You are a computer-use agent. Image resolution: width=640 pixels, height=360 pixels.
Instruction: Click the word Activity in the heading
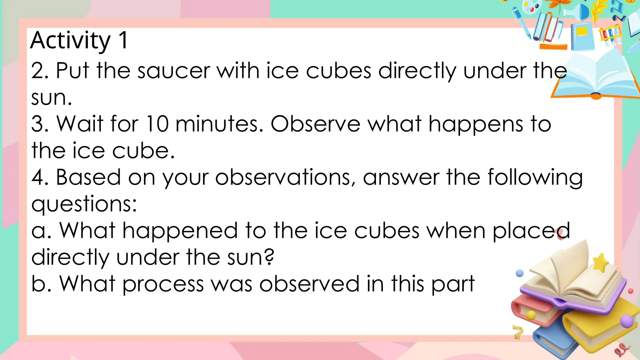(71, 41)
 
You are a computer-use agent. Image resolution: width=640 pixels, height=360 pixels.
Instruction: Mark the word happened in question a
(180, 231)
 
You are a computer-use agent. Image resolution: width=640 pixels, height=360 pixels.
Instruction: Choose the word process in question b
(163, 284)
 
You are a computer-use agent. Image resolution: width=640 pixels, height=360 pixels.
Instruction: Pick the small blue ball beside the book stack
(519, 273)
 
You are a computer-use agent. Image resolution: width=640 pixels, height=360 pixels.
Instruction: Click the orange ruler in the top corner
(553, 47)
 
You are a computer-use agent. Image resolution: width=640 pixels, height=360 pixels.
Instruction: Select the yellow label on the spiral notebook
(582, 32)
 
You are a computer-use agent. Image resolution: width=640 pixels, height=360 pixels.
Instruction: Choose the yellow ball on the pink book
(531, 315)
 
